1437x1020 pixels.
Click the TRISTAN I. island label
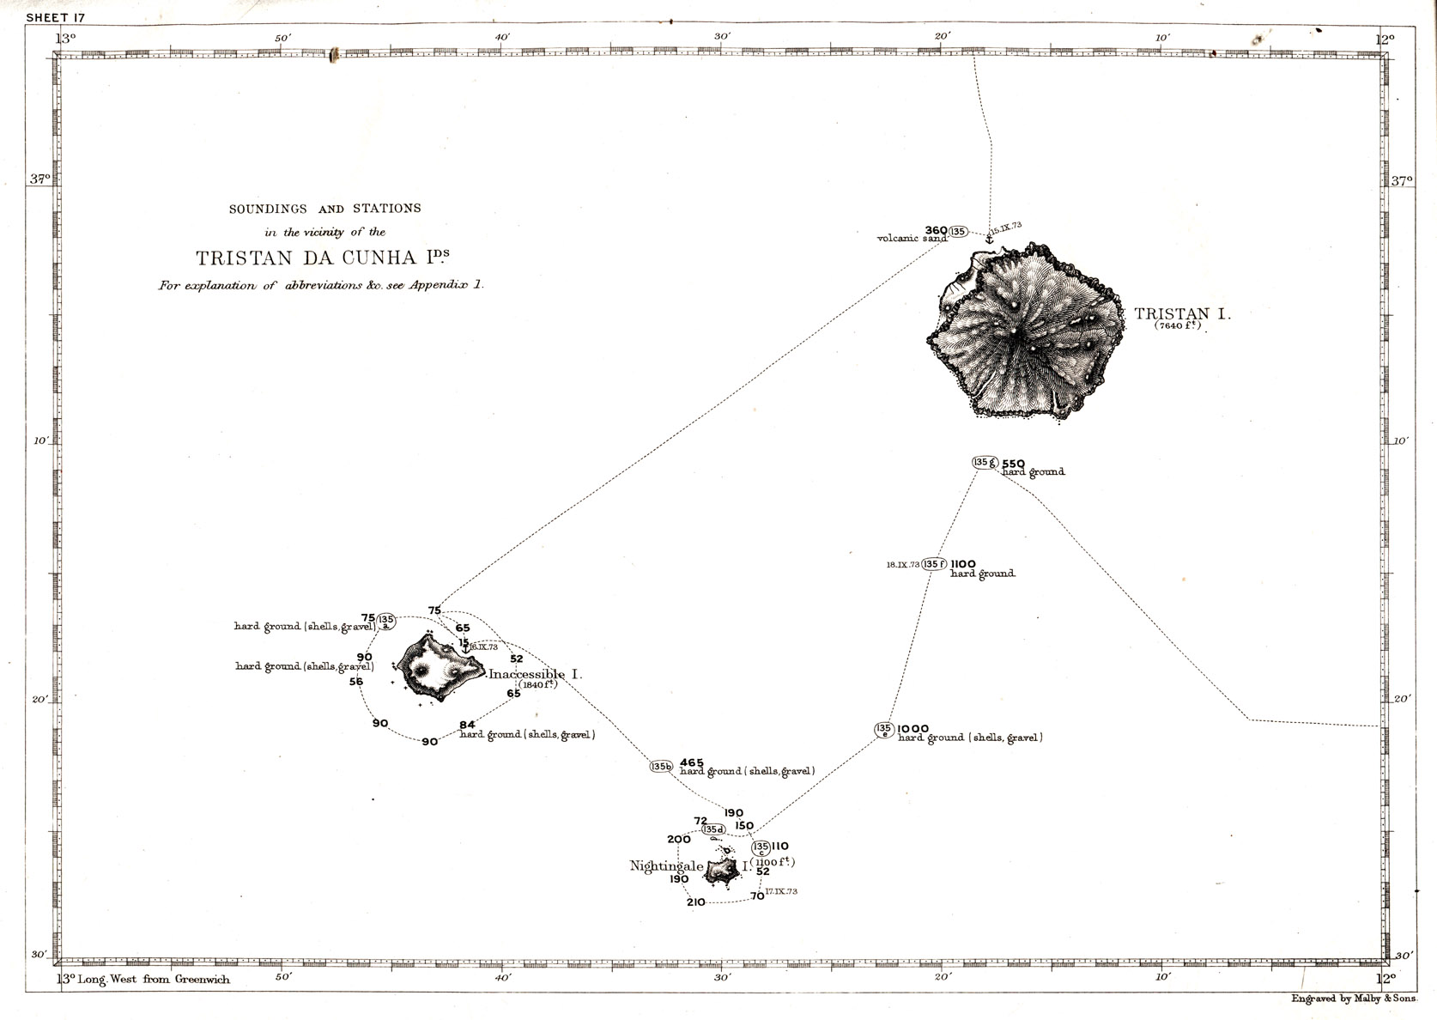1182,314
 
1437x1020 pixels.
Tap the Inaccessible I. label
535,675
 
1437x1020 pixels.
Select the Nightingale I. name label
667,866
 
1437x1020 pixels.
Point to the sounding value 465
692,762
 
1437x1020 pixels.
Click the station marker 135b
661,767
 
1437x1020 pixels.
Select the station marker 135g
984,462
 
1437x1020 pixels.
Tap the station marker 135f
934,564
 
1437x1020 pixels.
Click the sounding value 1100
963,564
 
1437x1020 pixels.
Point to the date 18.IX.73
903,565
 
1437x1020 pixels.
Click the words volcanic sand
912,239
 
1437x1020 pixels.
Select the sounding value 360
936,230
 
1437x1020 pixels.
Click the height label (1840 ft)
537,684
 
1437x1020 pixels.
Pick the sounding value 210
695,902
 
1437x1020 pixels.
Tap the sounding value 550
1013,463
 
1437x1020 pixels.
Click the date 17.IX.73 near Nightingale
781,892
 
